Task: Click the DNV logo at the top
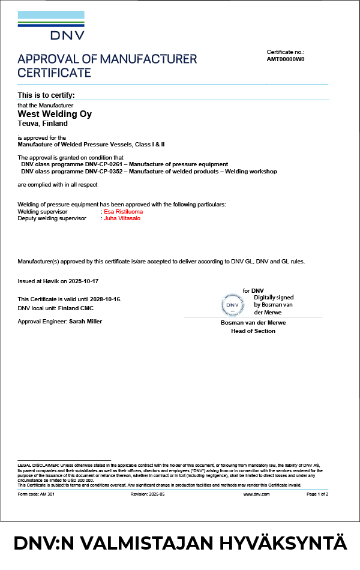point(51,25)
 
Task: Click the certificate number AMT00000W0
point(286,60)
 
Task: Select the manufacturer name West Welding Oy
point(55,113)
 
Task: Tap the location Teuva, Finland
point(43,124)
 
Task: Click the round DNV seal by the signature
point(233,305)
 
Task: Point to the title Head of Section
point(253,331)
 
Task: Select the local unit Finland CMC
point(76,308)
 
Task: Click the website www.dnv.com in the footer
point(256,494)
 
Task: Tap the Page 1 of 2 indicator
point(317,494)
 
